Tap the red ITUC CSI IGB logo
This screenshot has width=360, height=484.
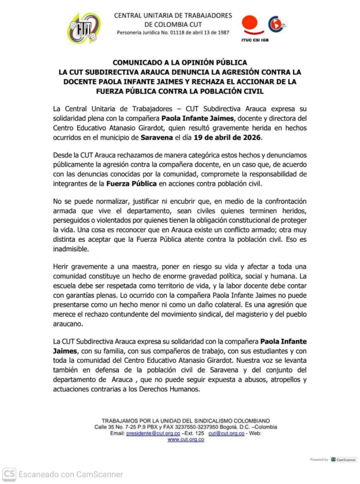click(x=253, y=27)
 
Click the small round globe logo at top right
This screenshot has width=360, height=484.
click(x=276, y=24)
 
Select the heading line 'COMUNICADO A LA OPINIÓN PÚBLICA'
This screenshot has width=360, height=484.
click(x=179, y=62)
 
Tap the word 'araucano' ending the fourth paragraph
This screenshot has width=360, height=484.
click(x=69, y=324)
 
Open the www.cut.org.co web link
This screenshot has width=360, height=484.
click(x=185, y=440)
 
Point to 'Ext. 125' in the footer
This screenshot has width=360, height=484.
click(x=193, y=433)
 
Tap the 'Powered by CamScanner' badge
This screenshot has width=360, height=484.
click(x=333, y=459)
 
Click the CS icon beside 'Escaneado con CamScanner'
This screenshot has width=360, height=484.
click(x=9, y=474)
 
